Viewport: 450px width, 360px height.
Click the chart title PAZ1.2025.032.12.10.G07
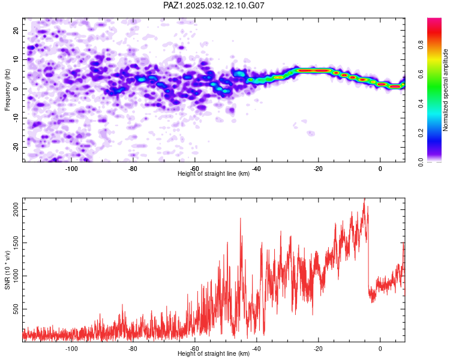click(214, 5)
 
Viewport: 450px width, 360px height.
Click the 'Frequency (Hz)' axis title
click(7, 90)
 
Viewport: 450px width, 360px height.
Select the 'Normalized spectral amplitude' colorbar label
click(445, 90)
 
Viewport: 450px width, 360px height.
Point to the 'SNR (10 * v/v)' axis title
click(7, 270)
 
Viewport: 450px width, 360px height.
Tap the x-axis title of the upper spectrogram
click(214, 173)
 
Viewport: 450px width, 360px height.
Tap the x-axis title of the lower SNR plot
click(214, 353)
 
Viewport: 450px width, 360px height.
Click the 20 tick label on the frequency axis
click(16, 31)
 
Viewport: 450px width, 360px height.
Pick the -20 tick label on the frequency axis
click(16, 147)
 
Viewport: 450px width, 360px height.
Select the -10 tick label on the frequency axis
click(16, 118)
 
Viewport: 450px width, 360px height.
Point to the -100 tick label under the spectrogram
click(71, 169)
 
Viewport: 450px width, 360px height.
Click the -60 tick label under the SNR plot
click(194, 349)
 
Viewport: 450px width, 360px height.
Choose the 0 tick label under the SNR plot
click(380, 349)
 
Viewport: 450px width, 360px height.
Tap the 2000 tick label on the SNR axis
click(16, 209)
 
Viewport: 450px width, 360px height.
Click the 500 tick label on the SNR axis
click(16, 309)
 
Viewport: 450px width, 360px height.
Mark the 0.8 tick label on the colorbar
click(421, 45)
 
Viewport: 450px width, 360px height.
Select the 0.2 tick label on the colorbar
click(421, 133)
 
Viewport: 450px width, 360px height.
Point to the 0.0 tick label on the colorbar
click(421, 162)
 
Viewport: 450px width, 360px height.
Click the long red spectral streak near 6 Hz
click(312, 70)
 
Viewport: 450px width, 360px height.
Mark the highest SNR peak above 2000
click(364, 199)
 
